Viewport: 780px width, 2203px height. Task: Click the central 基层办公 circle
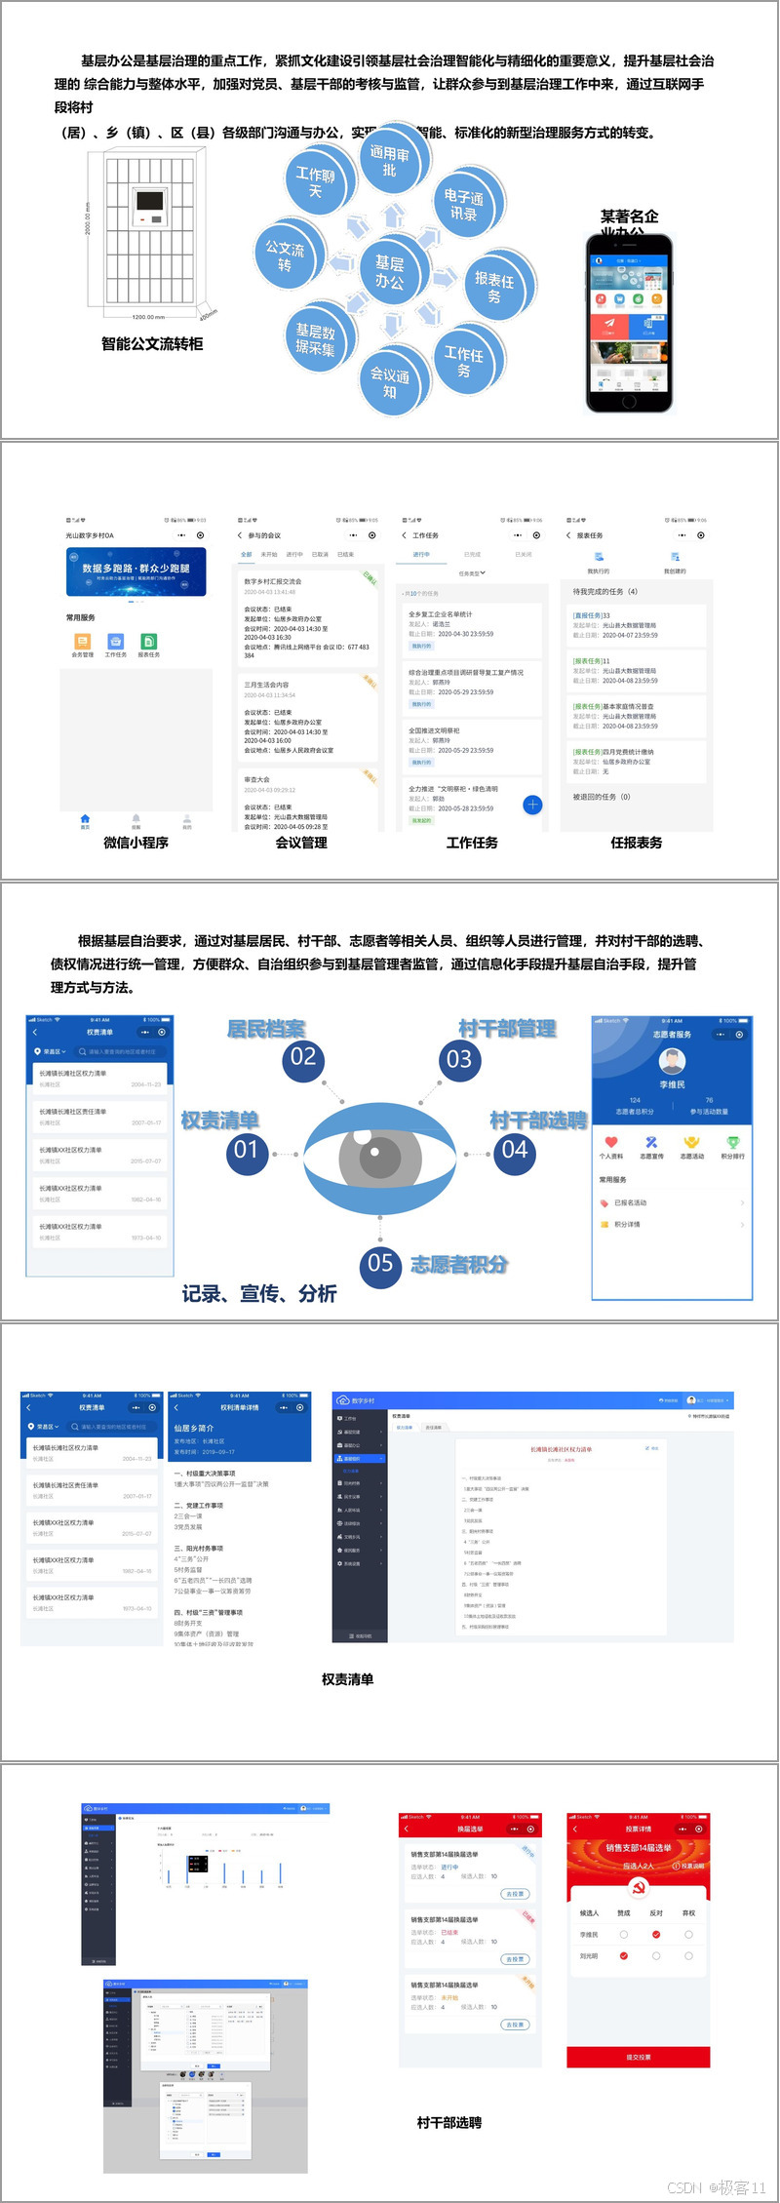tap(390, 272)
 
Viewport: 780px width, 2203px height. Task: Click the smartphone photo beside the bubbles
tap(630, 321)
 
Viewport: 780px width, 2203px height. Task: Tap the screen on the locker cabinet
tap(149, 202)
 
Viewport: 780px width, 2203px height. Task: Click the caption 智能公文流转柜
tap(152, 343)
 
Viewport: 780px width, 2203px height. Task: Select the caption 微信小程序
tap(136, 843)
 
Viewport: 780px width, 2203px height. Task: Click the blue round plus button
tap(532, 805)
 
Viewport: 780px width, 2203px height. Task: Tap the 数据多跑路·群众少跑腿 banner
tap(136, 571)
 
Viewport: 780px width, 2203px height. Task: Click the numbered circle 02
tap(303, 1056)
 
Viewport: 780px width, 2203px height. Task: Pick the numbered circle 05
tap(380, 1264)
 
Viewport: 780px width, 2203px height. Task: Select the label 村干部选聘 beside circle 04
tap(538, 1121)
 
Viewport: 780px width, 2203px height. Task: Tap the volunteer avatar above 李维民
tap(672, 1060)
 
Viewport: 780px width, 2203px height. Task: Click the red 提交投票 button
tap(638, 2057)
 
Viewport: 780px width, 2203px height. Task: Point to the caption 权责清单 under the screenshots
tap(347, 1679)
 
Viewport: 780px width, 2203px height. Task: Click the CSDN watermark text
tap(717, 2187)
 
